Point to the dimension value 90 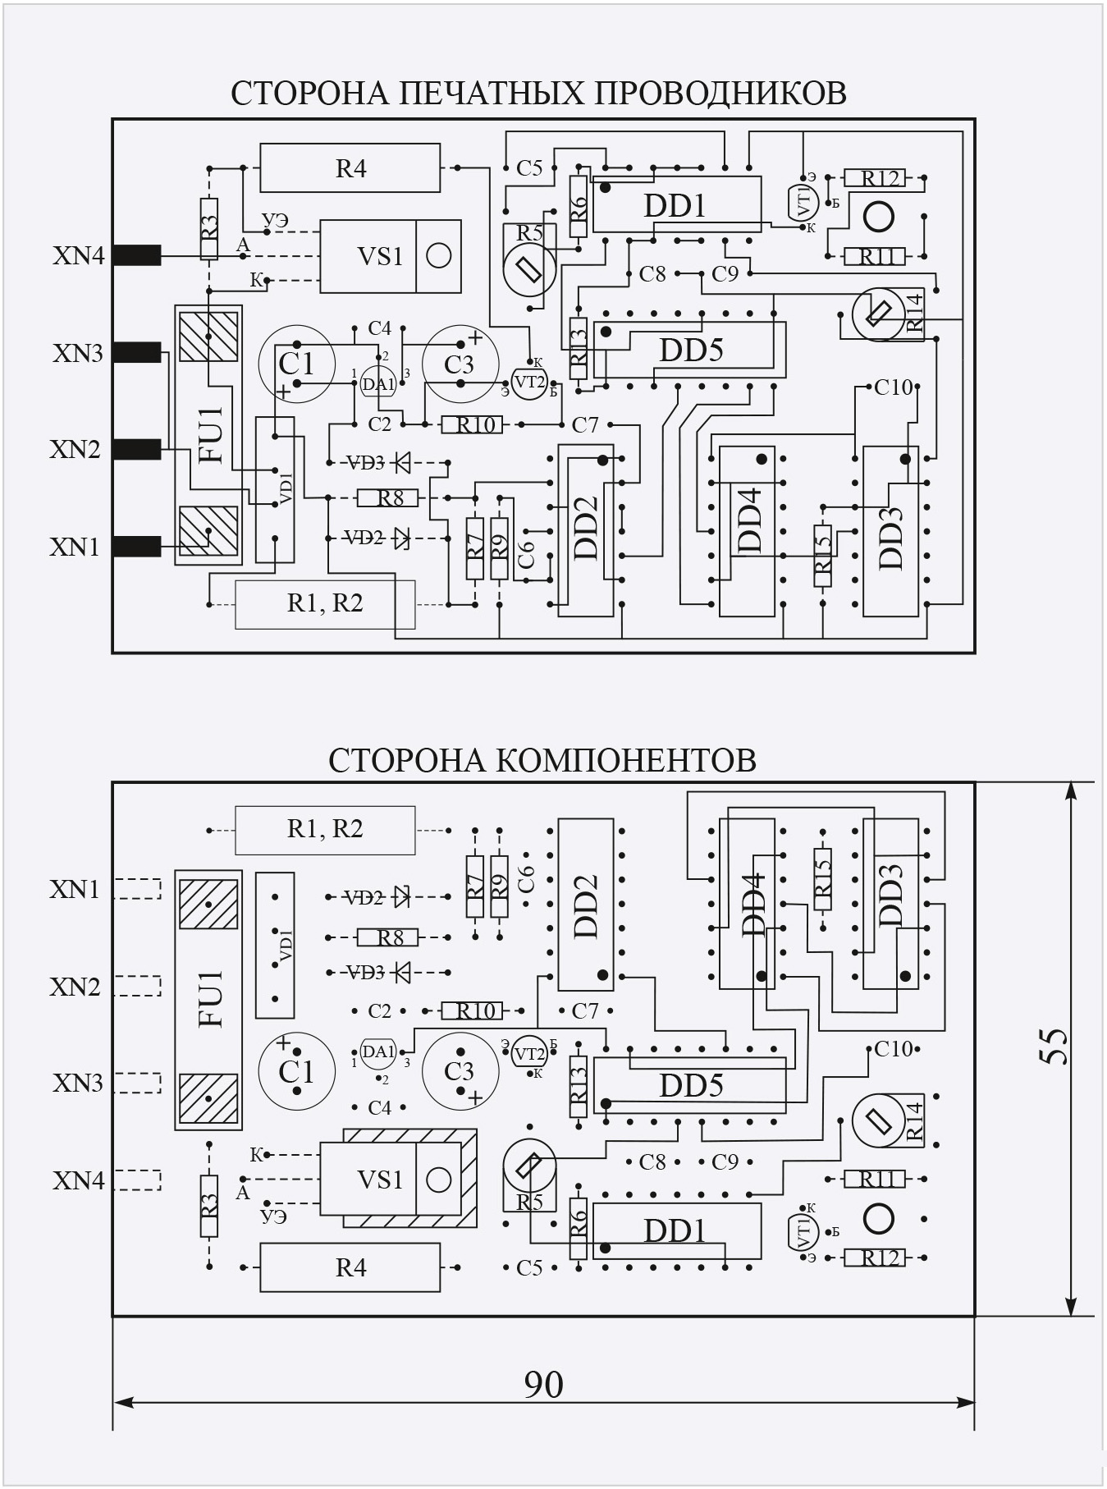[543, 1385]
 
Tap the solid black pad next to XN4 [136, 256]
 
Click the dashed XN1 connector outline [138, 890]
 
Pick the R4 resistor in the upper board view [350, 168]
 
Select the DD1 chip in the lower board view [675, 1231]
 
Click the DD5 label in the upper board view [691, 350]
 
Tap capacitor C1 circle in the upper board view [297, 363]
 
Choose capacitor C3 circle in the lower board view [460, 1070]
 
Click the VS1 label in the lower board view [380, 1180]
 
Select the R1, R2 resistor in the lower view [325, 829]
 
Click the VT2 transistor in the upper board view [528, 381]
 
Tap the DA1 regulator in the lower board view [378, 1051]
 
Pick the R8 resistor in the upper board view [389, 497]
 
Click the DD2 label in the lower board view [586, 905]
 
